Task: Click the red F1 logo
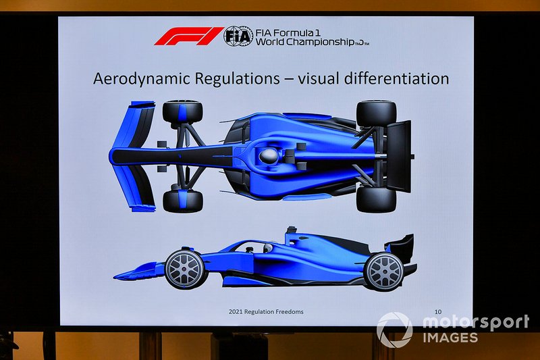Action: [x=188, y=36]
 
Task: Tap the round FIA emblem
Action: [x=238, y=36]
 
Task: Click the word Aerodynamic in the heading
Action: [x=142, y=79]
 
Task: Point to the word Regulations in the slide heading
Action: [x=237, y=78]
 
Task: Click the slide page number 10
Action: [x=437, y=312]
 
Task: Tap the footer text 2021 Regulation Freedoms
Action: [x=266, y=312]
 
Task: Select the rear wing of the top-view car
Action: [x=399, y=156]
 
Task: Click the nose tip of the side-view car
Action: [x=115, y=277]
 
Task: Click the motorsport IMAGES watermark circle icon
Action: [x=394, y=330]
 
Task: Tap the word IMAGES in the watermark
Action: [x=450, y=337]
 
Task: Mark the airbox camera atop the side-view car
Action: [x=292, y=230]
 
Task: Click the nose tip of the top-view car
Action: [x=110, y=156]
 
